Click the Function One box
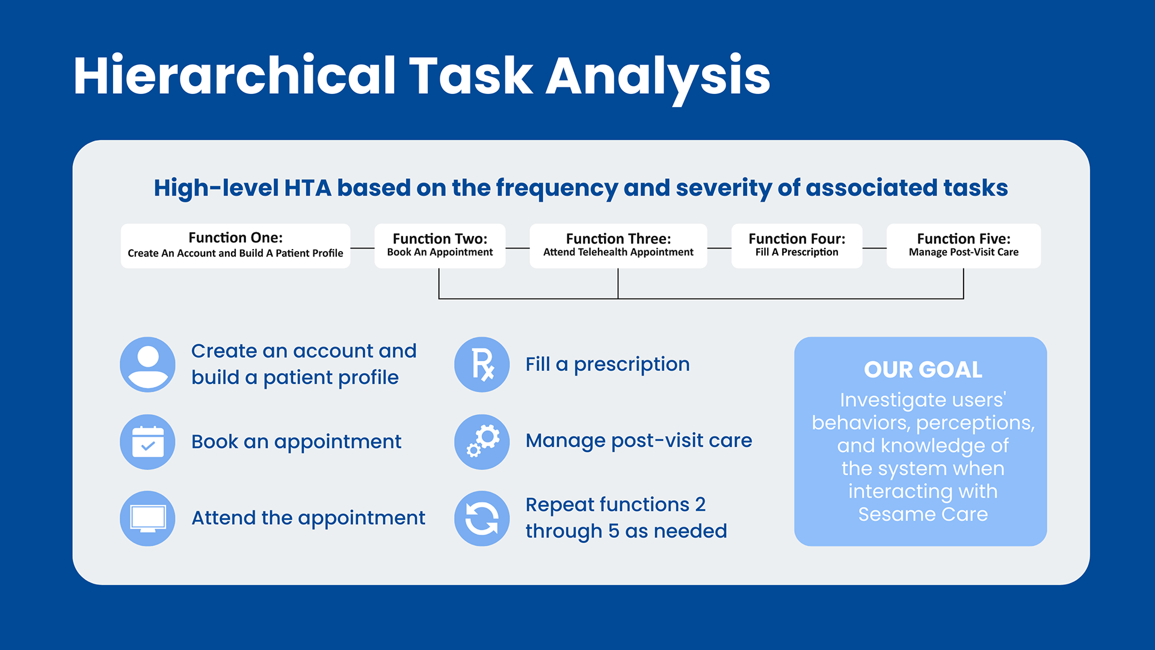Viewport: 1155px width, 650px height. coord(235,246)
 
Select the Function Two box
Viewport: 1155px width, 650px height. coord(440,246)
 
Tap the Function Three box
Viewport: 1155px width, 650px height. coord(618,246)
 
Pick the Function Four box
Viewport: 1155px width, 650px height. coord(796,246)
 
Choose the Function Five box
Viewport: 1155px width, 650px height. coord(964,246)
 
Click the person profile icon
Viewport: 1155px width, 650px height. coord(147,365)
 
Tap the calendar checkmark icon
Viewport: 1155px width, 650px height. coord(147,442)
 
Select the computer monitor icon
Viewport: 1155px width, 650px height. coord(147,518)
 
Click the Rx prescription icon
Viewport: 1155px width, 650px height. coord(482,365)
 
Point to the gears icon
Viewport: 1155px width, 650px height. coord(482,442)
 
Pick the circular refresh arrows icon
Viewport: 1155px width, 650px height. coord(482,518)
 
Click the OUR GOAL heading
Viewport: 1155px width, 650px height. coord(923,370)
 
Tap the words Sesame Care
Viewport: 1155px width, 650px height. coord(923,514)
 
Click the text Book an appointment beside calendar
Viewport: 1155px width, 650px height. coord(296,442)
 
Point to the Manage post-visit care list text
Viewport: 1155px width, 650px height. coord(639,441)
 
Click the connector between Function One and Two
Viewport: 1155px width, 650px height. coord(362,248)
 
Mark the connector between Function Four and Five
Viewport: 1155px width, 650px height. coord(874,248)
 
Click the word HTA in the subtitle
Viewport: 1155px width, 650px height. coord(307,188)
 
